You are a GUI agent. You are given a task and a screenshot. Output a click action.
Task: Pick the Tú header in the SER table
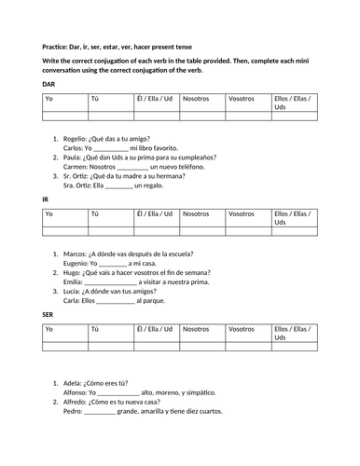pyautogui.click(x=95, y=329)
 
